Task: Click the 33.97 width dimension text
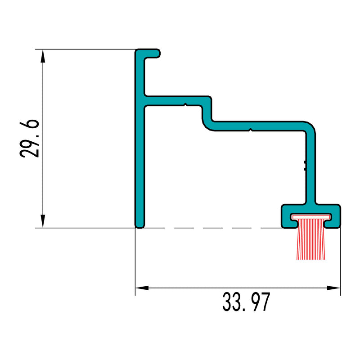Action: tap(246, 302)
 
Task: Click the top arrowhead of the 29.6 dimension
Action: tap(43, 56)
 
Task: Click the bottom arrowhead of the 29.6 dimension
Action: tap(43, 220)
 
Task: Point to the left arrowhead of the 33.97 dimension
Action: tap(142, 288)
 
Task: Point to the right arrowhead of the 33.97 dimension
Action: tap(333, 288)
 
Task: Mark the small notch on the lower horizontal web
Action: tap(250, 130)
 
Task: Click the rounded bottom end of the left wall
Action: tap(140, 225)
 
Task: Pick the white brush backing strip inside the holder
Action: tap(310, 217)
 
